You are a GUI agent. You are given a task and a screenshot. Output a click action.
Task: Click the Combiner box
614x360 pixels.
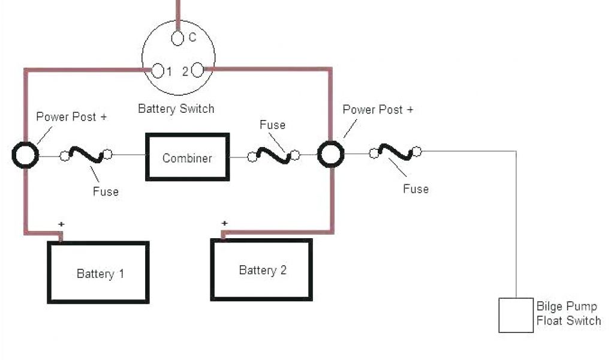coord(187,157)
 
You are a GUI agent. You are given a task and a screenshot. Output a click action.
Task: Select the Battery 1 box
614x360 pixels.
coord(98,272)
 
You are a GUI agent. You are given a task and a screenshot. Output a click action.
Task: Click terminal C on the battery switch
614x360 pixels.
coord(177,38)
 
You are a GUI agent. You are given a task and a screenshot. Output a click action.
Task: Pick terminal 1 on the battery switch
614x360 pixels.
coord(158,71)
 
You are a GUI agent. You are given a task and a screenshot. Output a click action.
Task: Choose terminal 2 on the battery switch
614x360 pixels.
coord(198,71)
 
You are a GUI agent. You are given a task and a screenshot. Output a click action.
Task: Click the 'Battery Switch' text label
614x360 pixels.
coord(176,109)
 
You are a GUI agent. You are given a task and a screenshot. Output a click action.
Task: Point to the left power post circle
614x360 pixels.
coord(25,155)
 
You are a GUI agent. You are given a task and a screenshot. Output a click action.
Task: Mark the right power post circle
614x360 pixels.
coord(330,155)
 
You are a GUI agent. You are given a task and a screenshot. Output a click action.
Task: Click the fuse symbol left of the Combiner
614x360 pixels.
coord(86,155)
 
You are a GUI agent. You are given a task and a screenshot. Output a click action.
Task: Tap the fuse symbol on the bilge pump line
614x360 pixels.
coord(395,152)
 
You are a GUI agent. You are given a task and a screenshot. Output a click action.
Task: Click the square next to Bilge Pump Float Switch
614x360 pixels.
coord(516,315)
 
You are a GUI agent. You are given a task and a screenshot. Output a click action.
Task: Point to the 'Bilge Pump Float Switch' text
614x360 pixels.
coord(568,314)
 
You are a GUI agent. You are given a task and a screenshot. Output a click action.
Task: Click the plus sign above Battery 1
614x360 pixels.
coord(61,224)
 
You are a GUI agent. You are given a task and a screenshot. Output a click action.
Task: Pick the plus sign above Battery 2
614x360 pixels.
coord(224,224)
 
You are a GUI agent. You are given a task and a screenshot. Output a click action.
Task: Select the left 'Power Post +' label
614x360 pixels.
coord(71,116)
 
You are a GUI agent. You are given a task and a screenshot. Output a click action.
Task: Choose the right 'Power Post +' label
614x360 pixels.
coord(378,109)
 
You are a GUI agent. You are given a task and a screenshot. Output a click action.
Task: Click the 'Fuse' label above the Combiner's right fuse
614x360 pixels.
coord(272,125)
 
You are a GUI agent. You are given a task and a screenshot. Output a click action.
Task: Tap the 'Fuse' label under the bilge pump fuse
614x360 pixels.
coord(416,188)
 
